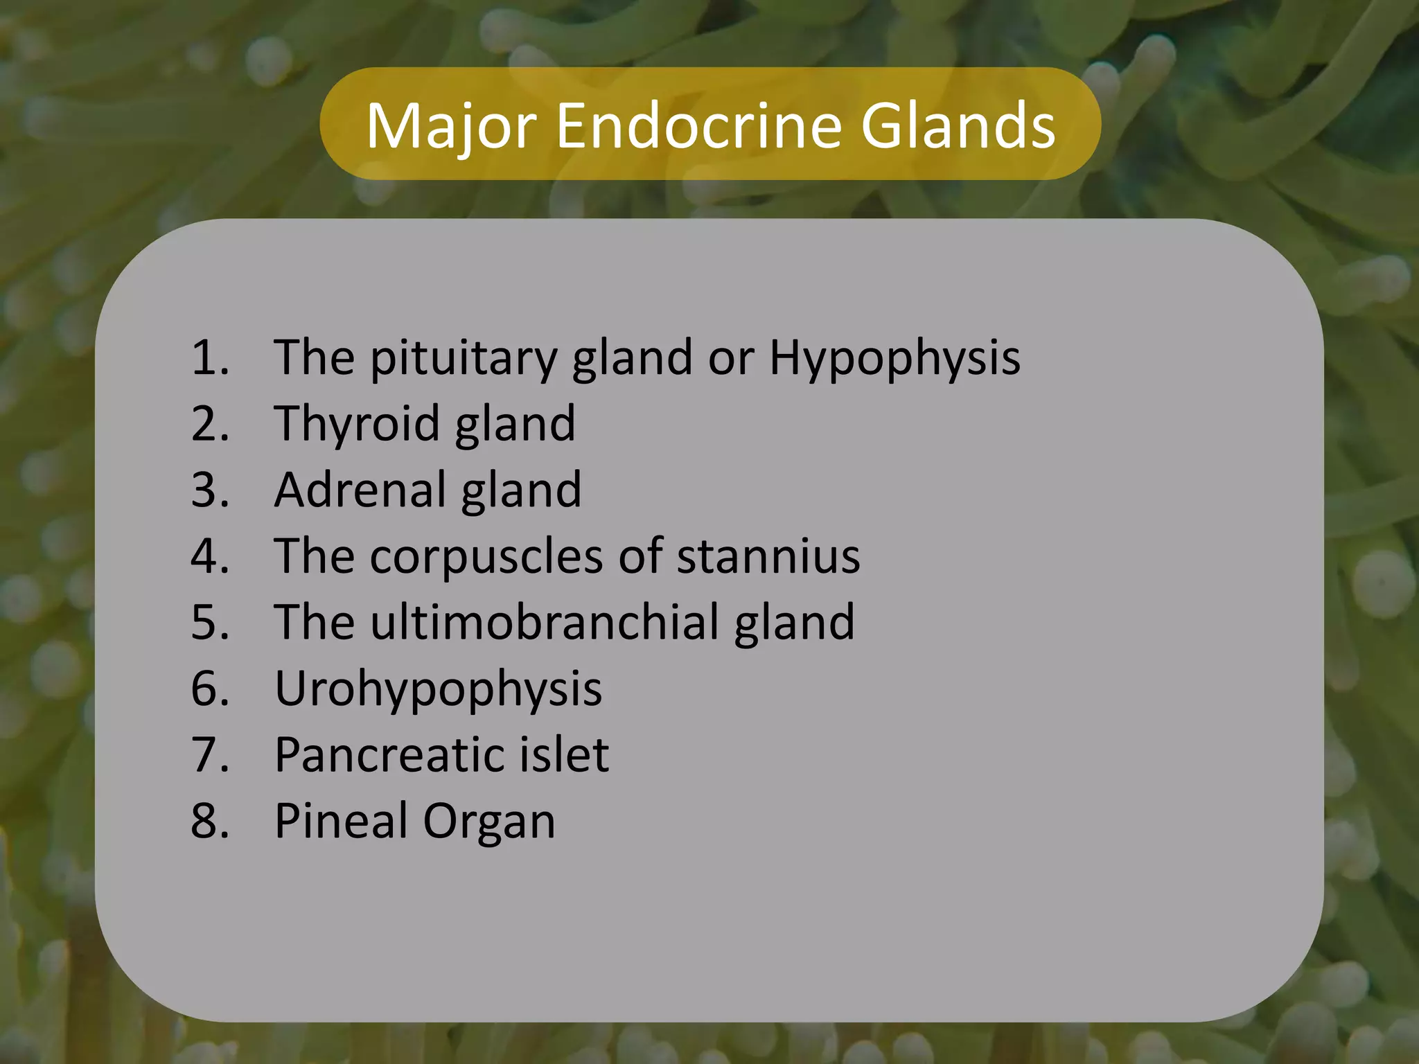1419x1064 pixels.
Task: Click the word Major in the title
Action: tap(451, 126)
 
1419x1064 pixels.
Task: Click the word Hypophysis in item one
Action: tap(894, 359)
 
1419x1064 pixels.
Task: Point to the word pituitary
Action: tap(463, 359)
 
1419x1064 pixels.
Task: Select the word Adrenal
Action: tap(360, 490)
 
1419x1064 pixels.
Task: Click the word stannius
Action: tap(768, 556)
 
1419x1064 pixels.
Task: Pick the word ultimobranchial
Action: tap(545, 622)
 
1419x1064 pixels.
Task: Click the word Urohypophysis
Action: tap(438, 690)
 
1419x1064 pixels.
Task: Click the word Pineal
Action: tap(341, 821)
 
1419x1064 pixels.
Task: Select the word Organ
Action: tap(489, 822)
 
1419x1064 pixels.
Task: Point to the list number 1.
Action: tap(209, 359)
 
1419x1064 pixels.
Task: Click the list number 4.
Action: tap(209, 556)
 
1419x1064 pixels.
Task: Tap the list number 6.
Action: tap(209, 689)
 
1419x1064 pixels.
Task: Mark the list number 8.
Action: tap(209, 821)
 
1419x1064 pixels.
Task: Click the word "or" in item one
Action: tap(730, 359)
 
